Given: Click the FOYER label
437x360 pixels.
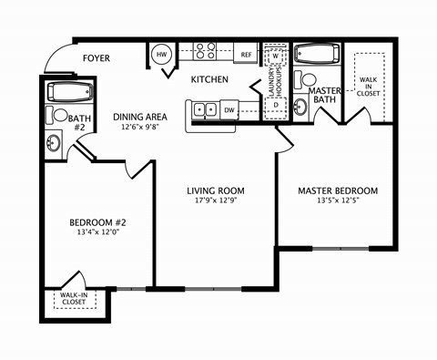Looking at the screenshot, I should (x=97, y=58).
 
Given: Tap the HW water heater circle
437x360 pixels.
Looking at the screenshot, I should (x=163, y=55).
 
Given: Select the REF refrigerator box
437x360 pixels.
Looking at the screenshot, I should (x=246, y=55).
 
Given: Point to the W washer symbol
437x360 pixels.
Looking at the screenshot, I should (x=277, y=56).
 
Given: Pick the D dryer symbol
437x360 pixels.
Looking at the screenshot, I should (x=277, y=105).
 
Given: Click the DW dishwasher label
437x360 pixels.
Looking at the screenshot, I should (x=230, y=110).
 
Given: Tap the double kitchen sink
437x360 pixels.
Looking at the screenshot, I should (x=204, y=110).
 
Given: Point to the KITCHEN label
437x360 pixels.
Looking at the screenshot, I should (x=209, y=80).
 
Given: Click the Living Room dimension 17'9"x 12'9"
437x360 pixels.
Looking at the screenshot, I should (x=216, y=202).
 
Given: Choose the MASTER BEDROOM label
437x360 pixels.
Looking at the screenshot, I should (x=338, y=190).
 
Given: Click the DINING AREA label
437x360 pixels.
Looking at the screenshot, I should (x=140, y=117).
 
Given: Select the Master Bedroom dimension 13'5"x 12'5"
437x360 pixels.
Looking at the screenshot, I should (x=338, y=202).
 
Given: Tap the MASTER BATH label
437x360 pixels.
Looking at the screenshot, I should (x=325, y=96).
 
